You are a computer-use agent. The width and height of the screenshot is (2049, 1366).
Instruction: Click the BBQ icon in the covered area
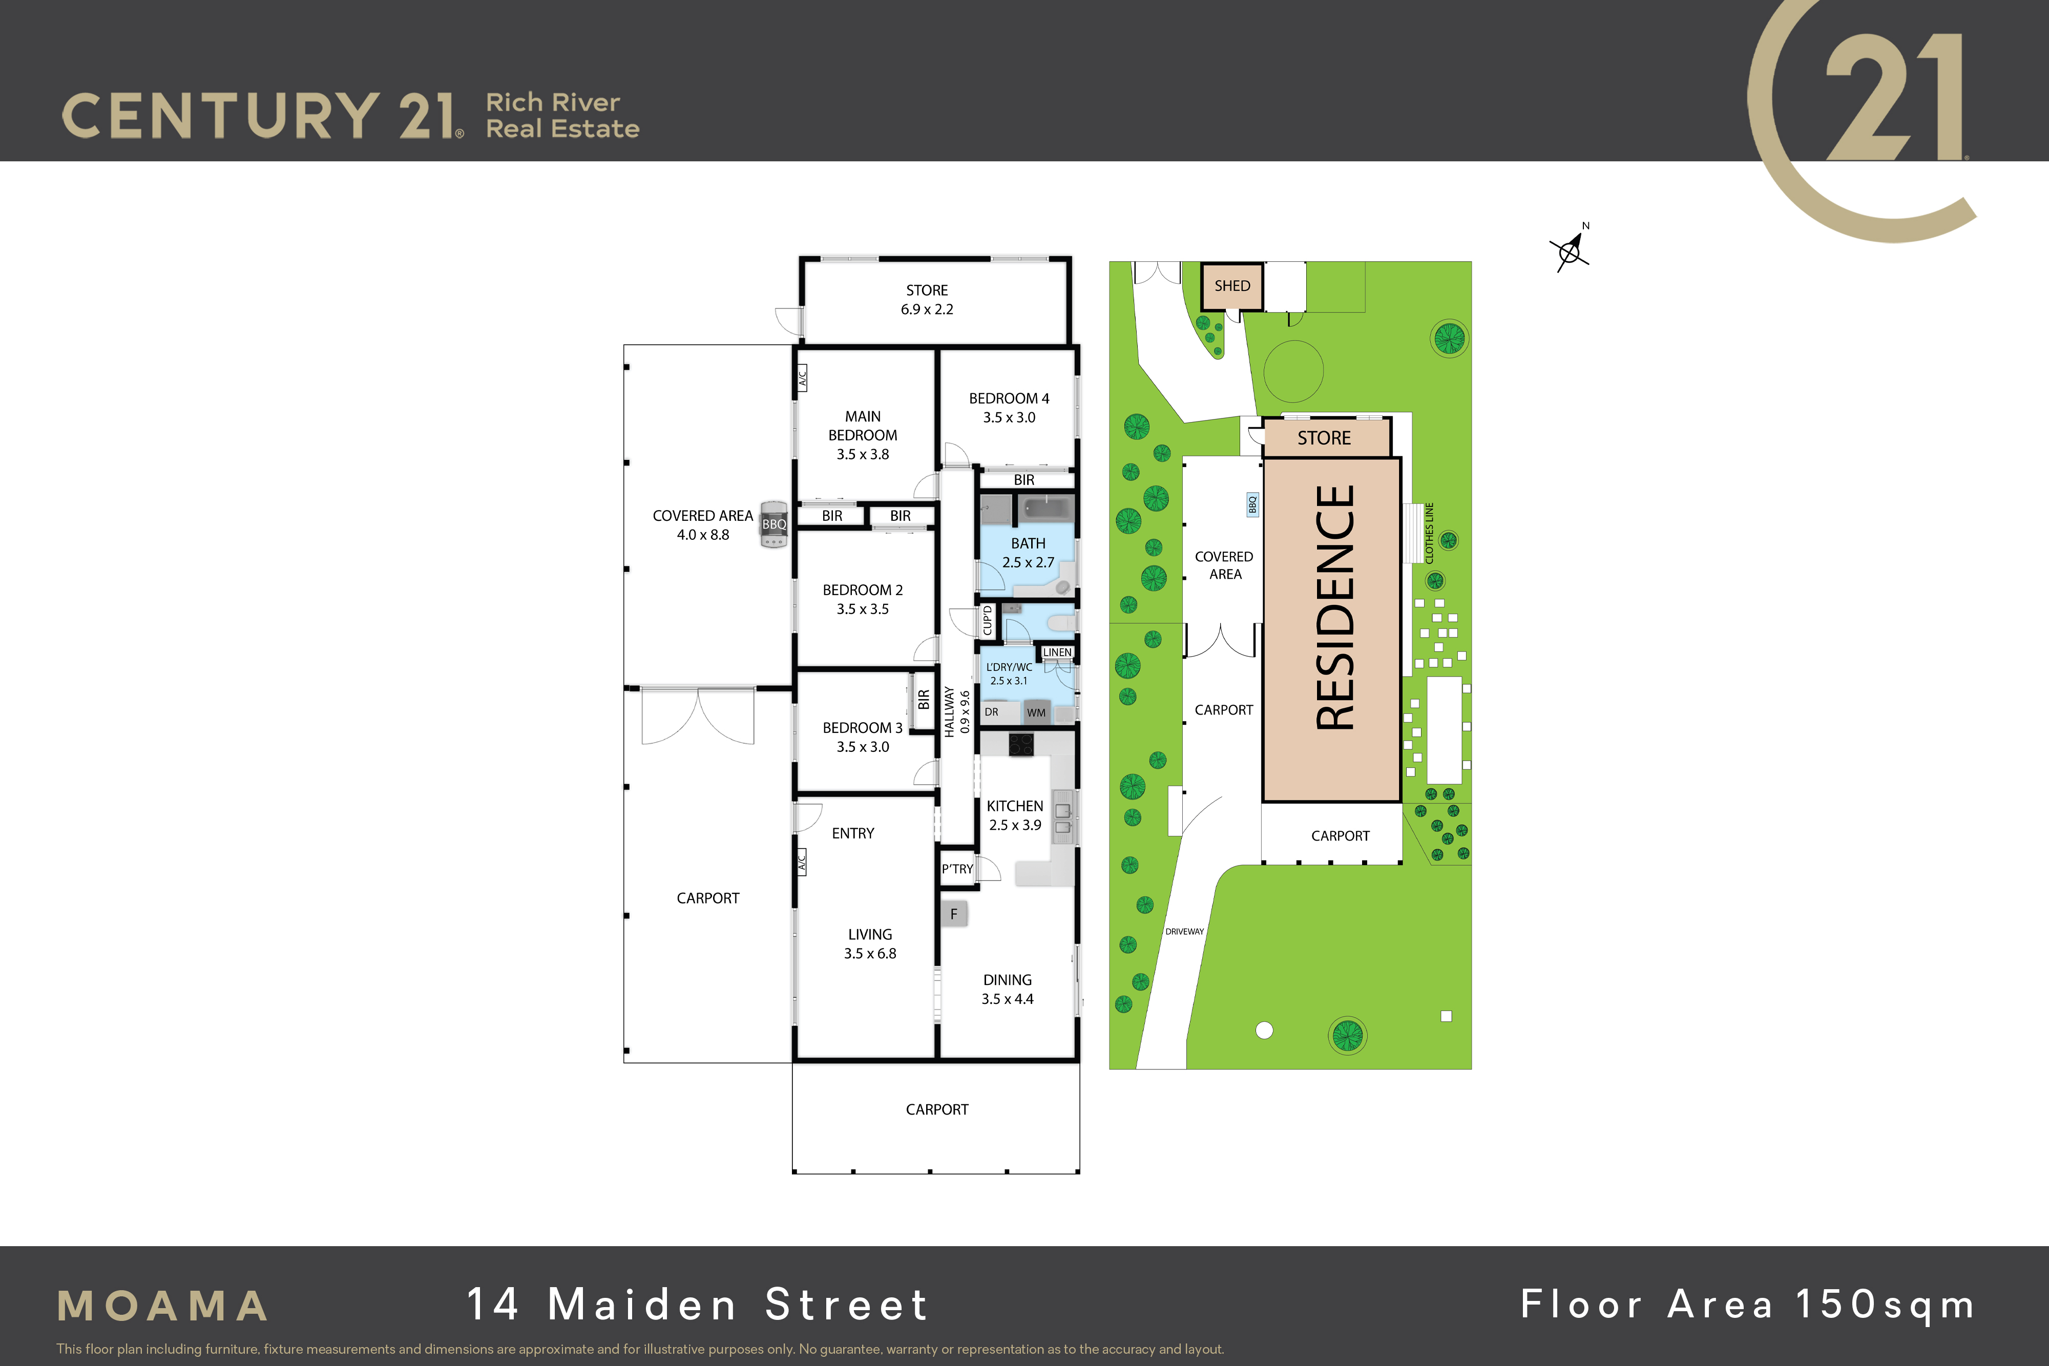(773, 524)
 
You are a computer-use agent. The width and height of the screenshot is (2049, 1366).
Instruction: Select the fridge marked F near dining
(954, 914)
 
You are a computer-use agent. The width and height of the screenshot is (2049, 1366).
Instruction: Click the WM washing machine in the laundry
(1036, 712)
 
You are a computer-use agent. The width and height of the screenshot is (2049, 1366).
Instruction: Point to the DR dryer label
(991, 712)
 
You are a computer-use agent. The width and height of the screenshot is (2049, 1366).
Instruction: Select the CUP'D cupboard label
(987, 620)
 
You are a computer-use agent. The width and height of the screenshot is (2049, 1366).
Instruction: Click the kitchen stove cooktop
(1021, 745)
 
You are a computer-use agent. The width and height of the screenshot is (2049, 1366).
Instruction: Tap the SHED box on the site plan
(1232, 286)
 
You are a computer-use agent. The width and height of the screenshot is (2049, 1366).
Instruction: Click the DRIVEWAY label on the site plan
(1185, 931)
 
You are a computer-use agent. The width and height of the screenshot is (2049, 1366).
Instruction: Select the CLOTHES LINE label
(1430, 533)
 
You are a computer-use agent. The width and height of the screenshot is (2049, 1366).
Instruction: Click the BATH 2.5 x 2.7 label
(1028, 552)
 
